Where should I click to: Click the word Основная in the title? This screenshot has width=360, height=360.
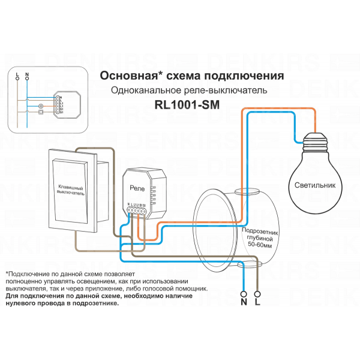pyautogui.click(x=125, y=77)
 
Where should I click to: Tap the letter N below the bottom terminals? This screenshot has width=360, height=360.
pyautogui.click(x=244, y=304)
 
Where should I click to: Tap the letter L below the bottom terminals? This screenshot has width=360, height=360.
pyautogui.click(x=259, y=304)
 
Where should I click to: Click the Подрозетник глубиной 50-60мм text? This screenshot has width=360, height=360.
pyautogui.click(x=257, y=238)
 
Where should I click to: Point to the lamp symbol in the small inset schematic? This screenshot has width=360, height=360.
pyautogui.click(x=40, y=106)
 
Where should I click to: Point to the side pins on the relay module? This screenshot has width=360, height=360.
pyautogui.click(x=154, y=193)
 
